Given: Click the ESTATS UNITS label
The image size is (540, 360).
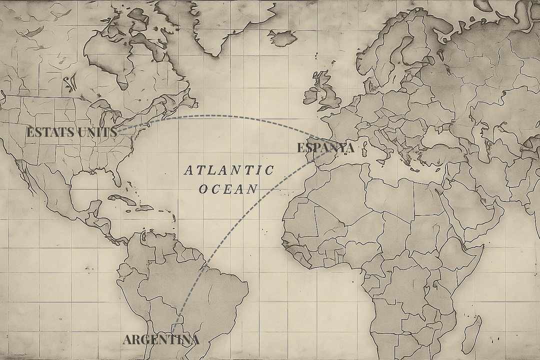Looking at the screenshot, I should tap(71, 132).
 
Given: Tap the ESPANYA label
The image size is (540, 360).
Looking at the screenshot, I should tap(325, 148).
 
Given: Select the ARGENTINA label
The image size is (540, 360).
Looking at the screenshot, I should tap(161, 340).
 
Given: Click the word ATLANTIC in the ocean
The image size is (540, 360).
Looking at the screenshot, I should tap(229, 170).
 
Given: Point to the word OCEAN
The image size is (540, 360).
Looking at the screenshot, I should tap(228, 189).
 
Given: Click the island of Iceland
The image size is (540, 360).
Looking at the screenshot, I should tap(283, 37).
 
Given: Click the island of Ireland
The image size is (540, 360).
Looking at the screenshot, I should tap(310, 95).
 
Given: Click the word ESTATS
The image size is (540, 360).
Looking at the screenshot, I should tap(48, 132).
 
